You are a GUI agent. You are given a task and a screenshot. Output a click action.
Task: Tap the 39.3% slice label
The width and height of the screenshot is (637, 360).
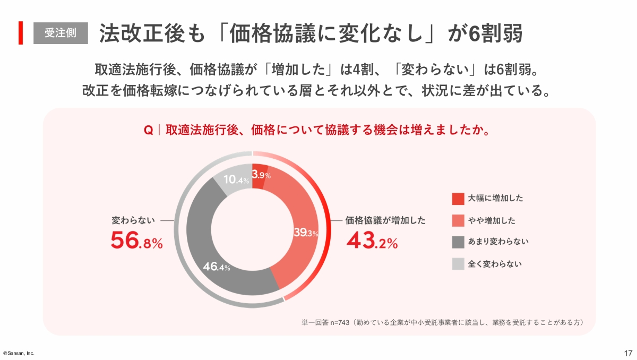click(x=305, y=233)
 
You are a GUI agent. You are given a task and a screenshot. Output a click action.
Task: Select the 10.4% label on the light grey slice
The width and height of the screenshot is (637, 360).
click(x=236, y=180)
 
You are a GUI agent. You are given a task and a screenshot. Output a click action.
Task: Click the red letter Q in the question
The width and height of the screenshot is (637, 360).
click(x=149, y=130)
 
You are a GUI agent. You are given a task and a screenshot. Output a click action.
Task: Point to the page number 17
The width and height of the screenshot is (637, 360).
click(x=628, y=353)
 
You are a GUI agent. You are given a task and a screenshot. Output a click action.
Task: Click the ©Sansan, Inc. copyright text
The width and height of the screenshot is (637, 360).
click(x=19, y=353)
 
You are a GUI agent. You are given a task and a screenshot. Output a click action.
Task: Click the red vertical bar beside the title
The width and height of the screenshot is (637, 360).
click(x=21, y=33)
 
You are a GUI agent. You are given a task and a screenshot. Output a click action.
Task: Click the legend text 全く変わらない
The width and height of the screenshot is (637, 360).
click(x=495, y=263)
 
